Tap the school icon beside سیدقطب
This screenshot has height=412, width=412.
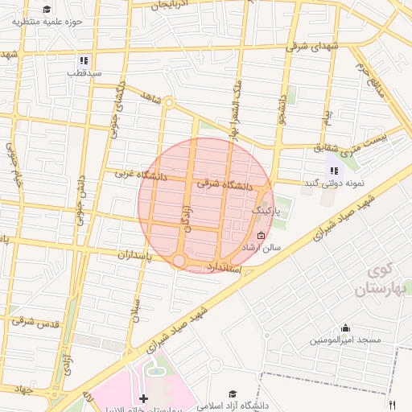click(x=84, y=61)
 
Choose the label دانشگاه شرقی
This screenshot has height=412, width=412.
click(x=225, y=184)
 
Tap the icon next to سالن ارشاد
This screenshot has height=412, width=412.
click(x=260, y=236)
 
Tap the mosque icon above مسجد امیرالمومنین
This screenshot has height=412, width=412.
click(x=346, y=328)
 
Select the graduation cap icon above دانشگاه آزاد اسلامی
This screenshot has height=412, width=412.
click(x=233, y=393)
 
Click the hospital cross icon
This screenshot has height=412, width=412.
click(x=143, y=398)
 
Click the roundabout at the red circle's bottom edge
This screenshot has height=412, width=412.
click(x=179, y=261)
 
